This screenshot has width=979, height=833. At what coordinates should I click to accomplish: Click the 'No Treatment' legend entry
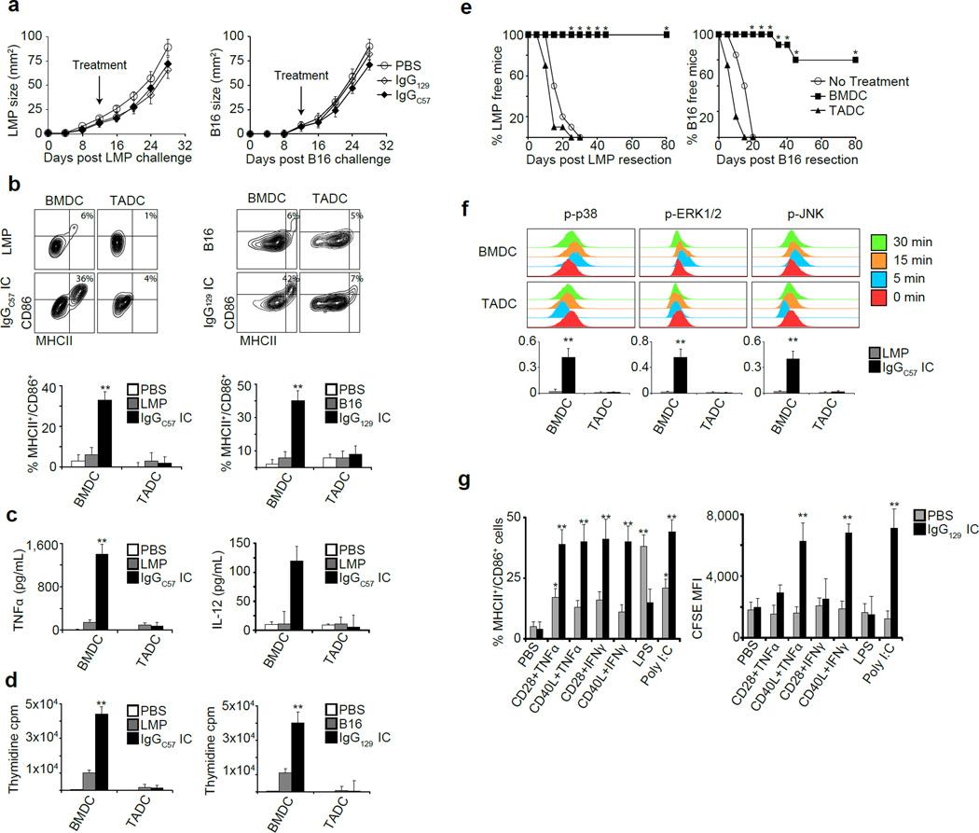point(869,81)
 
